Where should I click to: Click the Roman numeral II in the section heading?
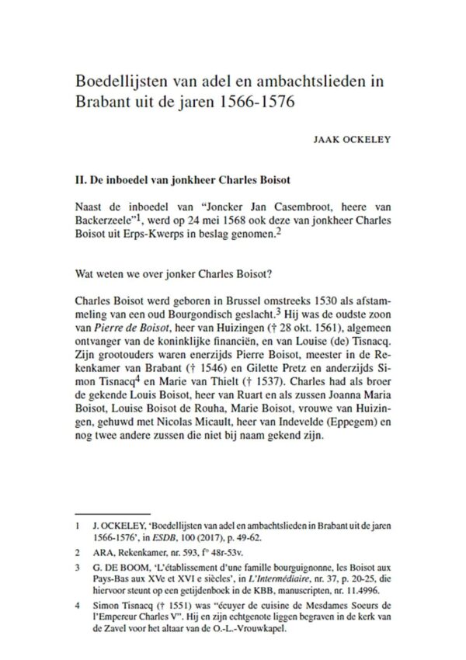tap(78, 183)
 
